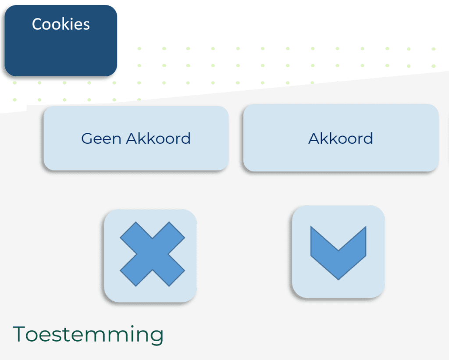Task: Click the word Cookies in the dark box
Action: coord(61,24)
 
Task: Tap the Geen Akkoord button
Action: coord(136,138)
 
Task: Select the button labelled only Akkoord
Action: coord(341,138)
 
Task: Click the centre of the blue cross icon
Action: coord(152,254)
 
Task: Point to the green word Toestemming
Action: coord(88,334)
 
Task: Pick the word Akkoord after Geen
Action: coord(158,138)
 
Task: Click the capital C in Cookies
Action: coord(37,24)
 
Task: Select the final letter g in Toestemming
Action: coord(157,337)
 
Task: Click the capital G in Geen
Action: coord(87,139)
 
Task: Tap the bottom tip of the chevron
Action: coord(338,279)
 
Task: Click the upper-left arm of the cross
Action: coord(136,238)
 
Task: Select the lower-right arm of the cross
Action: coord(169,271)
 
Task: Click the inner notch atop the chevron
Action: coord(338,250)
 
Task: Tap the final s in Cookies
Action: coord(86,26)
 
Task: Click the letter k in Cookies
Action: coord(65,24)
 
